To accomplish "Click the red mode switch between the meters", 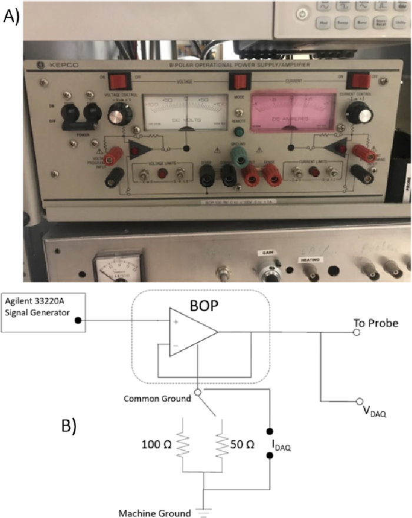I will pos(238,81).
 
